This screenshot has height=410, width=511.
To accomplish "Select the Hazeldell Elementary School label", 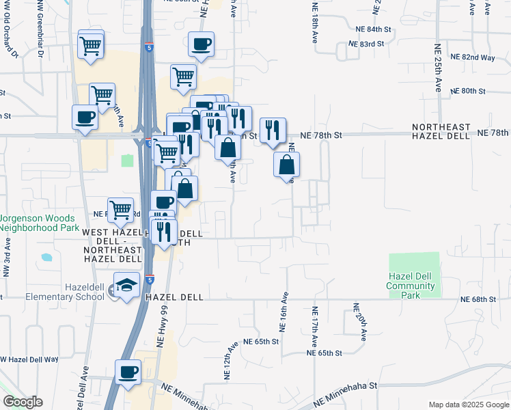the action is [64, 292].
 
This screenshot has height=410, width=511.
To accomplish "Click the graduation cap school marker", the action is [126, 286].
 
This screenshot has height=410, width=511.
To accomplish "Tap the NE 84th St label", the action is [374, 31].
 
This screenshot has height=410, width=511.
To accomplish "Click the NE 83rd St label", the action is [362, 44].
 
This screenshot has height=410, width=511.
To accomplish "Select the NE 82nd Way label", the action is [478, 57].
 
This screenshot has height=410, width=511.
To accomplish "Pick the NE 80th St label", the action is [468, 91].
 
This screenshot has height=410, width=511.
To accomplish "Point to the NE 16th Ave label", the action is [284, 308].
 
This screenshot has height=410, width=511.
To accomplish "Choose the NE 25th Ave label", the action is [439, 68].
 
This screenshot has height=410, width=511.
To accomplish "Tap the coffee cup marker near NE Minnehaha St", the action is [128, 372].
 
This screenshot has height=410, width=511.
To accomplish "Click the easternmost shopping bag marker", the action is [288, 164].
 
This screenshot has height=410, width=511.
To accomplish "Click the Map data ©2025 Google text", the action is [468, 405].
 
